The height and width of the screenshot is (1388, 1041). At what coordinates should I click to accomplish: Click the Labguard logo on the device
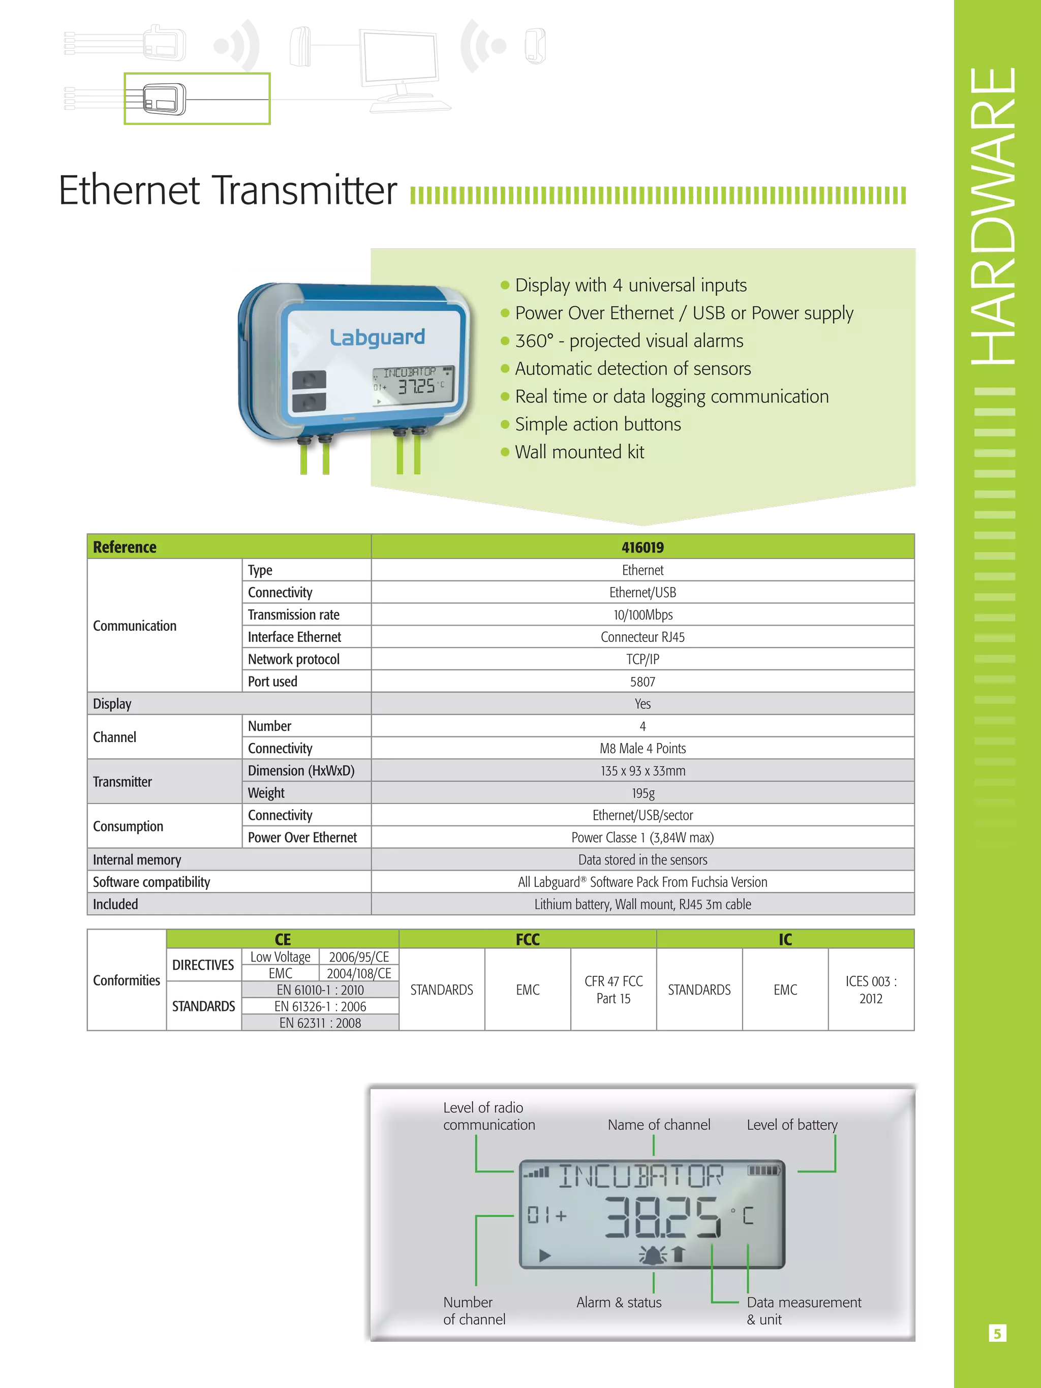tap(377, 337)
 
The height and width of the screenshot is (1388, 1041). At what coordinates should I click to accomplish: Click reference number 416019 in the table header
tap(642, 547)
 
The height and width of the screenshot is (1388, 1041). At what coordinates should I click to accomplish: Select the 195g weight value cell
tap(642, 793)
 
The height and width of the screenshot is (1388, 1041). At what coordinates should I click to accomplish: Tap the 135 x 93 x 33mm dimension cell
tap(642, 770)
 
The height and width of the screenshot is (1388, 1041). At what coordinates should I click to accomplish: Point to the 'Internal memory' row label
tap(137, 859)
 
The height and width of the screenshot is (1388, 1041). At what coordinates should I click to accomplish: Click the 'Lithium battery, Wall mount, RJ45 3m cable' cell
tap(642, 904)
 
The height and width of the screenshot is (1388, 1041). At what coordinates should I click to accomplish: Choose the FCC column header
tap(528, 939)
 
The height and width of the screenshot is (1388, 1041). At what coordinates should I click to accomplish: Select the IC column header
tap(785, 939)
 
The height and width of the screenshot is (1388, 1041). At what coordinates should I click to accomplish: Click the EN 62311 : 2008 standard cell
tap(320, 1023)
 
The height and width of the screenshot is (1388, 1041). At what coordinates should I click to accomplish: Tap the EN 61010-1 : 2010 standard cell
tap(320, 990)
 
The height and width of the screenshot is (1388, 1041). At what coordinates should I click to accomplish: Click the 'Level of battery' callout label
tap(792, 1124)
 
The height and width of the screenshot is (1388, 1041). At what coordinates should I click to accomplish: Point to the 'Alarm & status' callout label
tap(619, 1302)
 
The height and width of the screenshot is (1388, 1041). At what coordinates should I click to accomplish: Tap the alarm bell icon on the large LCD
tap(653, 1254)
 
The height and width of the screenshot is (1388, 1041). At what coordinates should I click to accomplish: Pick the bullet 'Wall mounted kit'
tap(579, 452)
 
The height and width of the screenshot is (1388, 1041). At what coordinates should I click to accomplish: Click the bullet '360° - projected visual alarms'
tap(629, 341)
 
